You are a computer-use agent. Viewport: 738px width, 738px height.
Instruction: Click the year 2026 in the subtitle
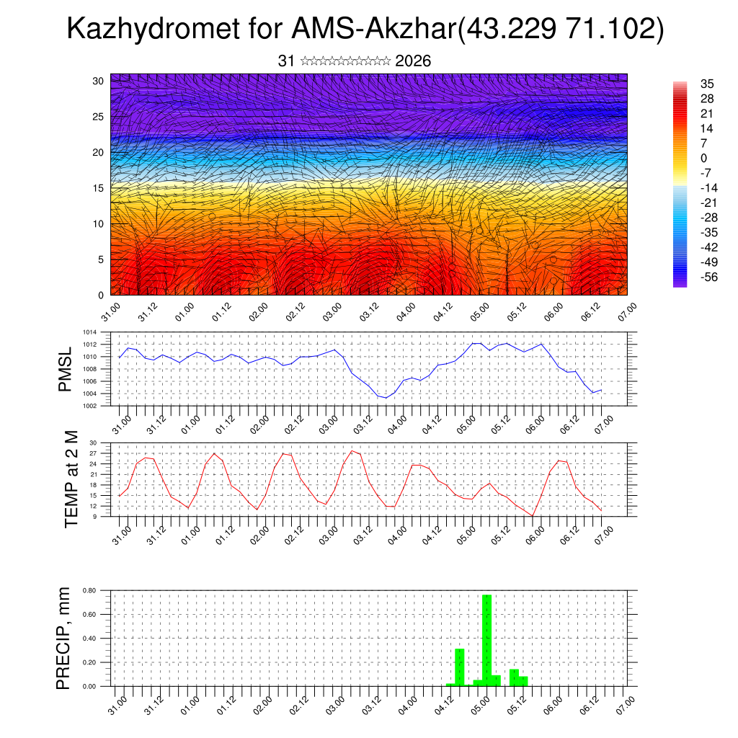(x=413, y=61)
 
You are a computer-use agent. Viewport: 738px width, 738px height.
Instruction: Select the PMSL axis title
(x=66, y=370)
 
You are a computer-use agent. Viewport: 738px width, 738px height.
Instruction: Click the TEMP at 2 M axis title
(x=71, y=479)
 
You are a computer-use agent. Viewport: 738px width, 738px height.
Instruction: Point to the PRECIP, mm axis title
(x=66, y=639)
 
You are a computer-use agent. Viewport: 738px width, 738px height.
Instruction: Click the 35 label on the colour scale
(x=707, y=84)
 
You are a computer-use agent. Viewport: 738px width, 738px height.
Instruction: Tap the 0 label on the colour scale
(x=704, y=159)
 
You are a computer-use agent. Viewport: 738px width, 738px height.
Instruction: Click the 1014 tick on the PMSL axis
(x=89, y=332)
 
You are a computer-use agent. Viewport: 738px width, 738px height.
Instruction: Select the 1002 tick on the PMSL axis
(x=89, y=406)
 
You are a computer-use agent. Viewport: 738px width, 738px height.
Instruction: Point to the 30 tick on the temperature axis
(x=93, y=443)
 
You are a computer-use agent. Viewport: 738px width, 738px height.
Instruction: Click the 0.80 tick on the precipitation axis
(x=89, y=590)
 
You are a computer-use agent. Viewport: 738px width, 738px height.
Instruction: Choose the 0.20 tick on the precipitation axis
(x=89, y=662)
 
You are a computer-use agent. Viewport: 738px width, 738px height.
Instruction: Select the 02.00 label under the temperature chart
(x=261, y=534)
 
